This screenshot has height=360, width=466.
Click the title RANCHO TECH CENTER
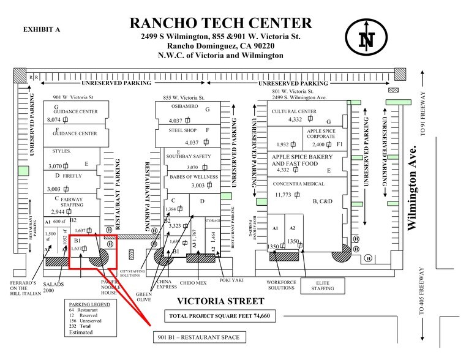click(x=220, y=24)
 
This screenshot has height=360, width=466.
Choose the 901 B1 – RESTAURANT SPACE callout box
click(x=200, y=337)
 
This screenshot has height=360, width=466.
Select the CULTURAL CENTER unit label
click(x=293, y=111)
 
